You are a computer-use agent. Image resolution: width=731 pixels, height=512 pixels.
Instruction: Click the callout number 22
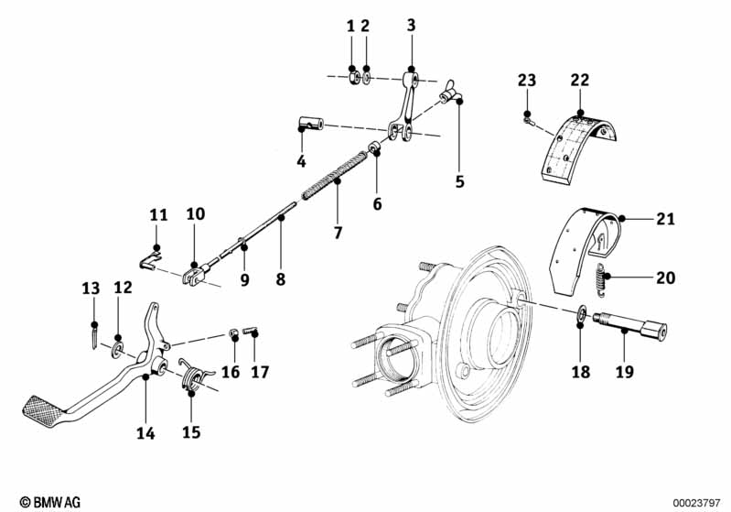click(x=579, y=80)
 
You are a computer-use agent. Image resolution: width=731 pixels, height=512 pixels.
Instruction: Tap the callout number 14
click(x=145, y=433)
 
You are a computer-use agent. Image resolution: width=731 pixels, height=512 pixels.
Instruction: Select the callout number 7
click(x=338, y=232)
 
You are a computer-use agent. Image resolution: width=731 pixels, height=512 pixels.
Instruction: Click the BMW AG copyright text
click(x=50, y=502)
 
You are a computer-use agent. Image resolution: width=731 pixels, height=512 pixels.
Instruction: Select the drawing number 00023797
click(x=696, y=503)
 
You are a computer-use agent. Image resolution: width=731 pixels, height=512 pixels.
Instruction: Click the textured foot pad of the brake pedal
click(x=42, y=408)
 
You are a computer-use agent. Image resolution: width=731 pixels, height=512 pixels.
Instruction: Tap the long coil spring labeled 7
click(x=334, y=175)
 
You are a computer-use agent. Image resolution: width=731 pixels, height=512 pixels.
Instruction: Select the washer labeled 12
click(x=116, y=349)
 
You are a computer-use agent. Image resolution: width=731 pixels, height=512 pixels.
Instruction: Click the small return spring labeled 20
click(x=600, y=278)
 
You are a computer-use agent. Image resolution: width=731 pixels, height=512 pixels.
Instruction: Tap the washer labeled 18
click(x=579, y=313)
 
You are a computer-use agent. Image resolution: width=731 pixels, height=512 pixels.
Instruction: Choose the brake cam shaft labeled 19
click(x=630, y=325)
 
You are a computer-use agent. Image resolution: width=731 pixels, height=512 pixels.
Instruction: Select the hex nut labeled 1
click(x=354, y=77)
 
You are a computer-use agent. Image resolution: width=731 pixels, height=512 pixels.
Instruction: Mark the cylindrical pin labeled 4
click(x=310, y=125)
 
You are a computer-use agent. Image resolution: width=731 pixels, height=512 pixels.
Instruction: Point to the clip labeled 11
click(x=151, y=260)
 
